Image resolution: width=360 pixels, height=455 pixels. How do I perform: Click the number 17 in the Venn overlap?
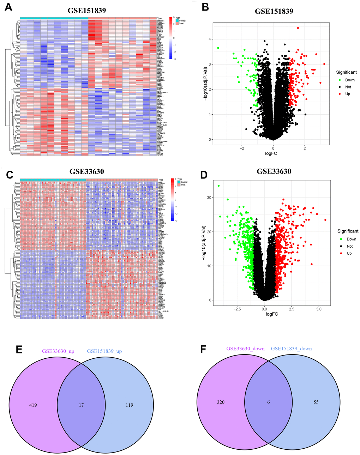point(81,405)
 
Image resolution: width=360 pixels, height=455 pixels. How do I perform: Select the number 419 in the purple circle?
point(33,405)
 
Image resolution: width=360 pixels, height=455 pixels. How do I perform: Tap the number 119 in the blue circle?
point(130,405)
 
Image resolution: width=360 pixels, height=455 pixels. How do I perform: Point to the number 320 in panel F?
point(221,402)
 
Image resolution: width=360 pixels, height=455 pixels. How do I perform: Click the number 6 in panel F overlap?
point(269,402)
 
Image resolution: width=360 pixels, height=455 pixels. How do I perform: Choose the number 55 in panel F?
point(316,402)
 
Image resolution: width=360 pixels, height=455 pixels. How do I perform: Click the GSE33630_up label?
point(57,351)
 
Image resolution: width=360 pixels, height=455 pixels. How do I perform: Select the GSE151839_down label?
point(292,348)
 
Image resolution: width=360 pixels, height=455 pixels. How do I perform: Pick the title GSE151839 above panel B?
point(274,11)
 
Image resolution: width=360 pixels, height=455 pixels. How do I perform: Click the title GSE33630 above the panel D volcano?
point(274,172)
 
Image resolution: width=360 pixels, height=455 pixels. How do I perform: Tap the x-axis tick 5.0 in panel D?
point(319,309)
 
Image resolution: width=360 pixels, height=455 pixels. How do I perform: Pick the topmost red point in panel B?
point(298,28)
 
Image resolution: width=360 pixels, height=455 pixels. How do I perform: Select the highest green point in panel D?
point(218,186)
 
